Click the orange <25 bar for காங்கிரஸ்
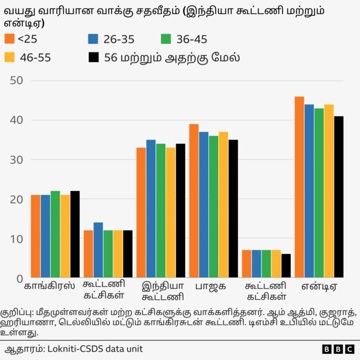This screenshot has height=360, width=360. click(35, 236)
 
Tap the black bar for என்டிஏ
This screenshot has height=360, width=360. click(339, 197)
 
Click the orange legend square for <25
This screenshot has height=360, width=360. click(8, 39)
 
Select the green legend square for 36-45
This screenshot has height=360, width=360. click(166, 39)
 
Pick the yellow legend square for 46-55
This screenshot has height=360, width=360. click(8, 57)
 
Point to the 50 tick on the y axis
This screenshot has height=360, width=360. click(16, 80)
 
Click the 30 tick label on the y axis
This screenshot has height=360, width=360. click(16, 160)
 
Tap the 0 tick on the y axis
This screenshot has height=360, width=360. click(19, 278)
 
